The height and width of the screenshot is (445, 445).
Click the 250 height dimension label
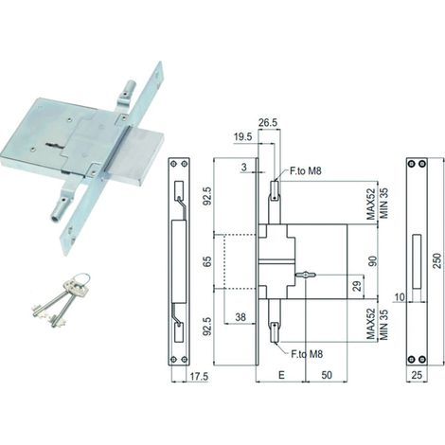(437, 260)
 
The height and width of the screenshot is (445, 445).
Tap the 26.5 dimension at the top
(268, 123)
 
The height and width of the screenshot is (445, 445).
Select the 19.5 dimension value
(243, 137)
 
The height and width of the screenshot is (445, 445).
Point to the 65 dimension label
(207, 261)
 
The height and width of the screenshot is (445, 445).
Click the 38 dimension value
(240, 317)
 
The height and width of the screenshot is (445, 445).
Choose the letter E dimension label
(281, 375)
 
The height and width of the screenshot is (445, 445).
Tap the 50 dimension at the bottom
(327, 375)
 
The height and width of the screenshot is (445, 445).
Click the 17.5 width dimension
(199, 377)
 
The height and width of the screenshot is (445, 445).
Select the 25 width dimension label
(417, 375)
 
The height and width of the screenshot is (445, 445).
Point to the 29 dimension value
(357, 286)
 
